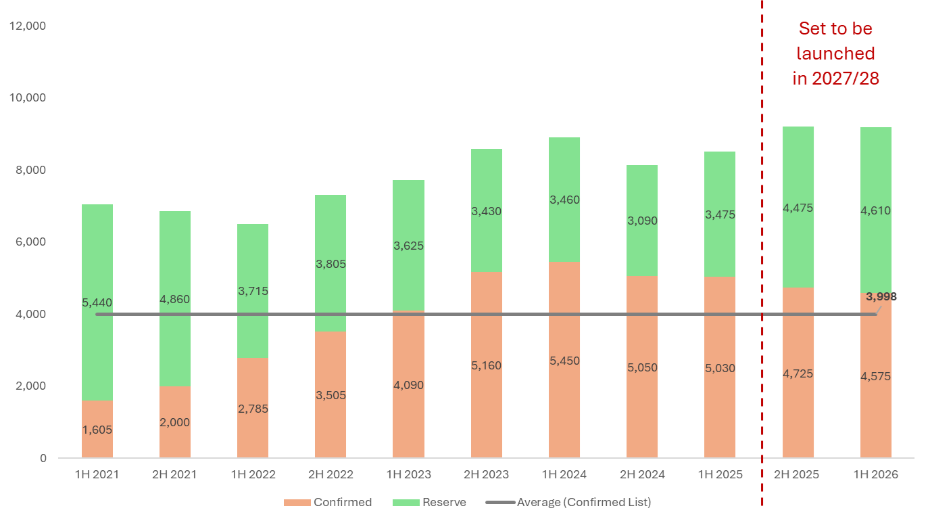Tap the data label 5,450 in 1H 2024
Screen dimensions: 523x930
(x=564, y=361)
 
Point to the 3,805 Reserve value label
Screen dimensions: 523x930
(x=331, y=264)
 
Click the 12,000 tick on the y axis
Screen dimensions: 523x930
(x=28, y=26)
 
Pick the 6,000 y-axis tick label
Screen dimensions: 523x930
(x=31, y=242)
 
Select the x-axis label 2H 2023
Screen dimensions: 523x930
(x=487, y=474)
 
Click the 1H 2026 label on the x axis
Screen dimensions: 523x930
(x=876, y=474)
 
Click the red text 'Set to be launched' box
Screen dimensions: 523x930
(x=835, y=54)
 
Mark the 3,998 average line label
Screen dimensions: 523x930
(x=881, y=296)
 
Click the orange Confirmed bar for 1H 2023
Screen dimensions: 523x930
(x=409, y=406)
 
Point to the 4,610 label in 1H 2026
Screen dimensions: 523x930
(x=876, y=210)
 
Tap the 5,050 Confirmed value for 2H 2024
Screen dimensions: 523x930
(x=642, y=367)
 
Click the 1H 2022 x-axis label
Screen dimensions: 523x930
(x=253, y=474)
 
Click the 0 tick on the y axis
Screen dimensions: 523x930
(x=43, y=458)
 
